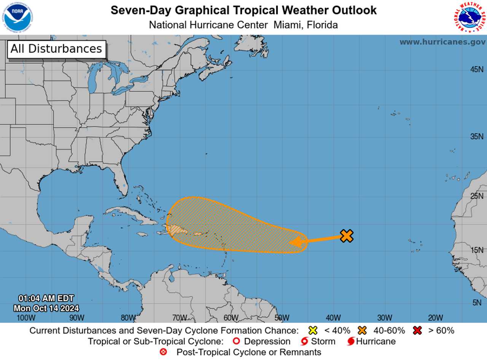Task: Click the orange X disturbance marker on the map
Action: tap(346, 236)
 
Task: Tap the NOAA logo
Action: tap(18, 18)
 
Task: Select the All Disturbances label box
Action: tap(56, 49)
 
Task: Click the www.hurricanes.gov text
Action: tap(442, 42)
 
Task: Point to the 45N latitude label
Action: tap(477, 70)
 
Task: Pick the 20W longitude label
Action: tap(435, 318)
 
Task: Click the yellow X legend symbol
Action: tap(313, 330)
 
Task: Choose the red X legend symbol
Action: tap(417, 330)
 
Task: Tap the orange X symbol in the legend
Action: tap(362, 330)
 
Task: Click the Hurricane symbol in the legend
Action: tap(351, 341)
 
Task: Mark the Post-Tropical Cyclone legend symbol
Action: tap(164, 352)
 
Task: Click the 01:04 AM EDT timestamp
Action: tap(46, 298)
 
